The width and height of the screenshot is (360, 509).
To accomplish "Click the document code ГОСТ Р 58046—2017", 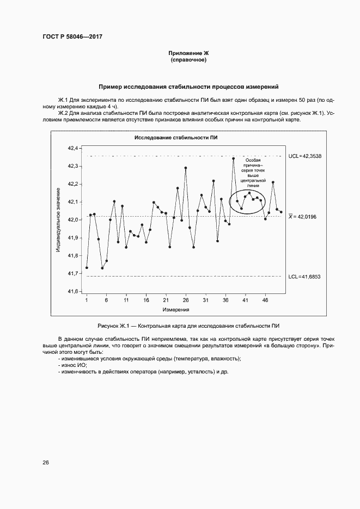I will (x=72, y=37).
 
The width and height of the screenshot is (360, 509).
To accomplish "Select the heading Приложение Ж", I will (x=188, y=53).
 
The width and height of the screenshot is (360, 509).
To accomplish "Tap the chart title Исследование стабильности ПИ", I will (x=176, y=138).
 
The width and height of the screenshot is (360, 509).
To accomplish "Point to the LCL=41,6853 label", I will (x=304, y=277).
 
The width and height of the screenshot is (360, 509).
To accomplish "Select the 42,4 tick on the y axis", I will (x=73, y=148).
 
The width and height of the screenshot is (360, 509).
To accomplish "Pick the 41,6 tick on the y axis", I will (x=73, y=291).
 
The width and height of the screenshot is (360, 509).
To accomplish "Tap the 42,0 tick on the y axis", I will (x=73, y=220).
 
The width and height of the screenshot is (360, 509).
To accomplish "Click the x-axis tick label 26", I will (x=186, y=301).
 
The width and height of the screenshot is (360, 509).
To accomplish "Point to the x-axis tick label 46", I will (x=265, y=301).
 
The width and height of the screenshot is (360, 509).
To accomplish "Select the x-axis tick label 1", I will (x=87, y=301).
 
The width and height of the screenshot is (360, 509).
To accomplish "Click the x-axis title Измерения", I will (x=176, y=309).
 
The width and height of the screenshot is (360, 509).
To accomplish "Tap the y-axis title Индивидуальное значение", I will (x=58, y=219).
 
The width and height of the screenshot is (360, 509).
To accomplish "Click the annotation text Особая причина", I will (x=253, y=164).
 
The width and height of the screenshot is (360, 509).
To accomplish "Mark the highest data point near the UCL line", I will (x=233, y=158).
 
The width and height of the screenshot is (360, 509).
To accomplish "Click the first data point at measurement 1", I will (x=87, y=268).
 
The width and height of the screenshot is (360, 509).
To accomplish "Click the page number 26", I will (x=46, y=463).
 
